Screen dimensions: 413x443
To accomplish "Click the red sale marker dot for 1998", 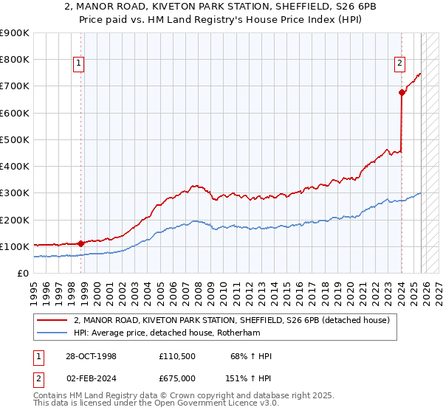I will pos(80,243).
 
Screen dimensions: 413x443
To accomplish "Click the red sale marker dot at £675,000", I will pos(402,92).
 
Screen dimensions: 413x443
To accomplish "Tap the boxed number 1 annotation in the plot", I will pos(78,64).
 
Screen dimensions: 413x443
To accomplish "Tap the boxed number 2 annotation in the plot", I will pos(399,63).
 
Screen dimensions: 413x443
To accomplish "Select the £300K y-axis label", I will pos(15,193).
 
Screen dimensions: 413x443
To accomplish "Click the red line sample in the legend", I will pos(52,321).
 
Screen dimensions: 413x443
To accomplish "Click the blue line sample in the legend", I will pos(52,333).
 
